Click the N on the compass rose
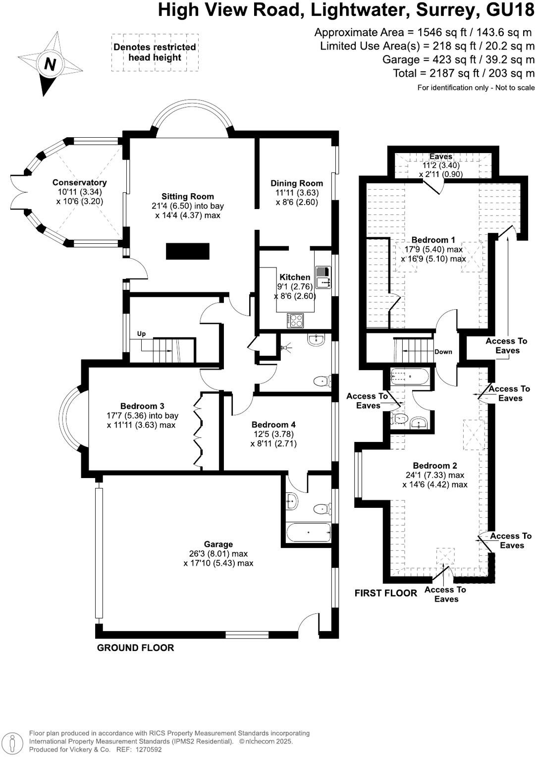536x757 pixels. [x=50, y=64]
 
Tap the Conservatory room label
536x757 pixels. [x=79, y=182]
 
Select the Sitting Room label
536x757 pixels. [x=187, y=196]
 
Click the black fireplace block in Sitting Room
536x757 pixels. [x=188, y=251]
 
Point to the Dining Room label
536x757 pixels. [x=296, y=183]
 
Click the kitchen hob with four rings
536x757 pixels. [x=296, y=321]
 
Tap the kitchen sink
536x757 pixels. [x=323, y=277]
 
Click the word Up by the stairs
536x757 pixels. [x=141, y=334]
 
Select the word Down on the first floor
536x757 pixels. [x=443, y=352]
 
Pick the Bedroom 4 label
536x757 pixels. [x=273, y=425]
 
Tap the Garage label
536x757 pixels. [x=218, y=544]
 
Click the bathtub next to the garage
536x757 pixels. [x=308, y=533]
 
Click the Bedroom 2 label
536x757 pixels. [x=435, y=466]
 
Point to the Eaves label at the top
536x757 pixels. [x=440, y=157]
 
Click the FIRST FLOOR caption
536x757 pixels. [x=385, y=593]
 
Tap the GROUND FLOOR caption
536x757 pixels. [x=135, y=648]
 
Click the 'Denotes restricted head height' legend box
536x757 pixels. [x=155, y=53]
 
